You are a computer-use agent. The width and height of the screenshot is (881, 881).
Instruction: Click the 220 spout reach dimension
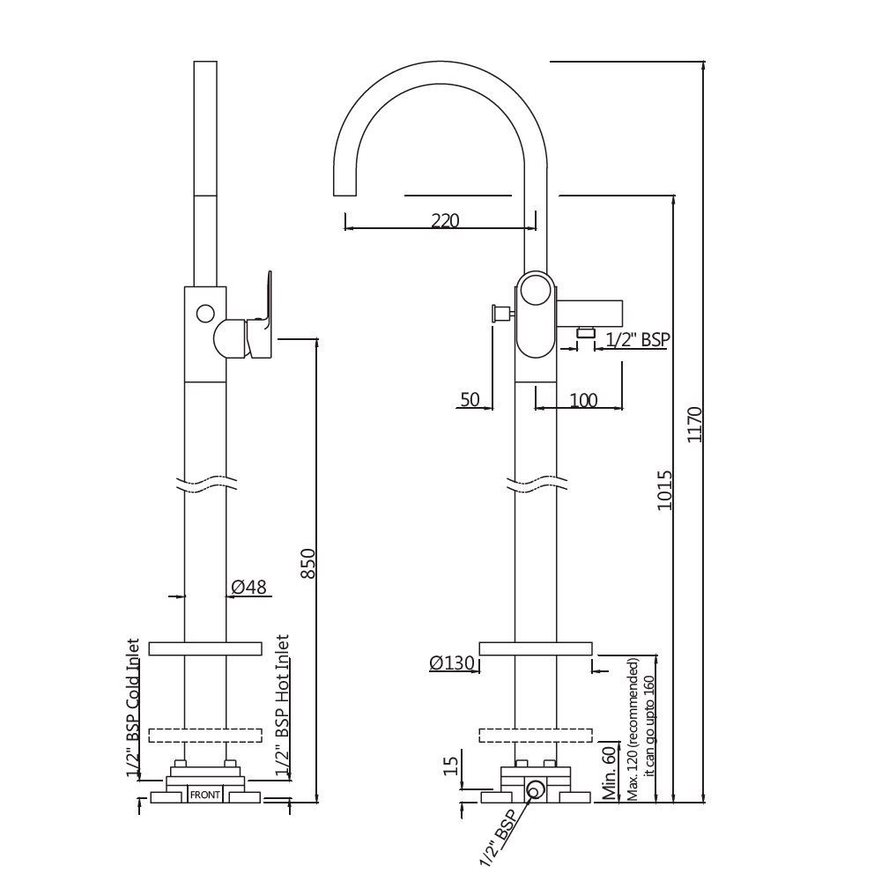[x=445, y=221]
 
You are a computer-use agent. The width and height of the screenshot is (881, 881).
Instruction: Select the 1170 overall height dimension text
[x=694, y=424]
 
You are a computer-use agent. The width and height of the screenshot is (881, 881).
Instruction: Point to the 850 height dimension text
[x=307, y=564]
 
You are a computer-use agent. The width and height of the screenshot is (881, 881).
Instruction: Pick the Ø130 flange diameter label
[x=452, y=663]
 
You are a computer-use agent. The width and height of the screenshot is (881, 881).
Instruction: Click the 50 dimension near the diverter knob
[x=470, y=400]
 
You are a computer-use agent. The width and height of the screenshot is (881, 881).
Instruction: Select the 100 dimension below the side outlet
[x=582, y=401]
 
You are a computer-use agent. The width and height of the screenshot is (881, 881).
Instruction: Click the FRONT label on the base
[x=205, y=795]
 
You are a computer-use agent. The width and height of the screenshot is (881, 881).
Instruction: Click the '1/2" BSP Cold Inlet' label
[x=134, y=709]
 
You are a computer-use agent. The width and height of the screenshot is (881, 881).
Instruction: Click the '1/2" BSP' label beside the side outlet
[x=636, y=338]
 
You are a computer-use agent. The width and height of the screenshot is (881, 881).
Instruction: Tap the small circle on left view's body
[x=204, y=313]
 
